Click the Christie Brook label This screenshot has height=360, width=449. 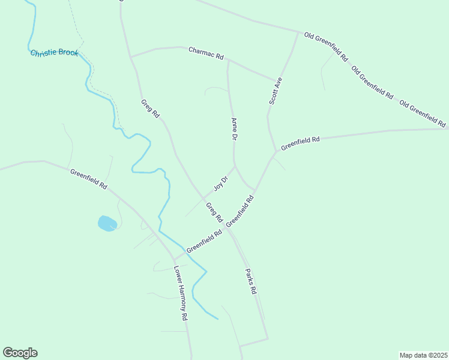[x=55, y=53]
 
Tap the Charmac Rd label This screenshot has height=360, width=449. [x=206, y=53]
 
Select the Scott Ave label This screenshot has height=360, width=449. [x=276, y=91]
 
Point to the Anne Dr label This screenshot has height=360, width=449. [x=234, y=129]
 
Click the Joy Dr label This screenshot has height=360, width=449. [x=221, y=183]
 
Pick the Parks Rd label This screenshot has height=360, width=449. [x=250, y=281]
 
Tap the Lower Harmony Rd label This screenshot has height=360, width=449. [x=181, y=293]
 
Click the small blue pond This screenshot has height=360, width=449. [x=107, y=224]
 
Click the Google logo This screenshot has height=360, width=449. [x=20, y=353]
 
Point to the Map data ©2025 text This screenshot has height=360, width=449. [x=423, y=355]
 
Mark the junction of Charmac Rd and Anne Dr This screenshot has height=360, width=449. [x=228, y=60]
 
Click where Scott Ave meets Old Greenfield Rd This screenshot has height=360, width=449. [x=298, y=32]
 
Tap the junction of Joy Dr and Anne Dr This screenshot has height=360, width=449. [x=234, y=166]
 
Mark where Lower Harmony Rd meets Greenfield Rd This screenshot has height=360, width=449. [x=174, y=260]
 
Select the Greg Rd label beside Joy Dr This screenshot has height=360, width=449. [x=214, y=212]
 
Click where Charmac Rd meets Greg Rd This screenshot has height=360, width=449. [x=130, y=57]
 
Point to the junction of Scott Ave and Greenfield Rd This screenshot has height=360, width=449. [x=276, y=151]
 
